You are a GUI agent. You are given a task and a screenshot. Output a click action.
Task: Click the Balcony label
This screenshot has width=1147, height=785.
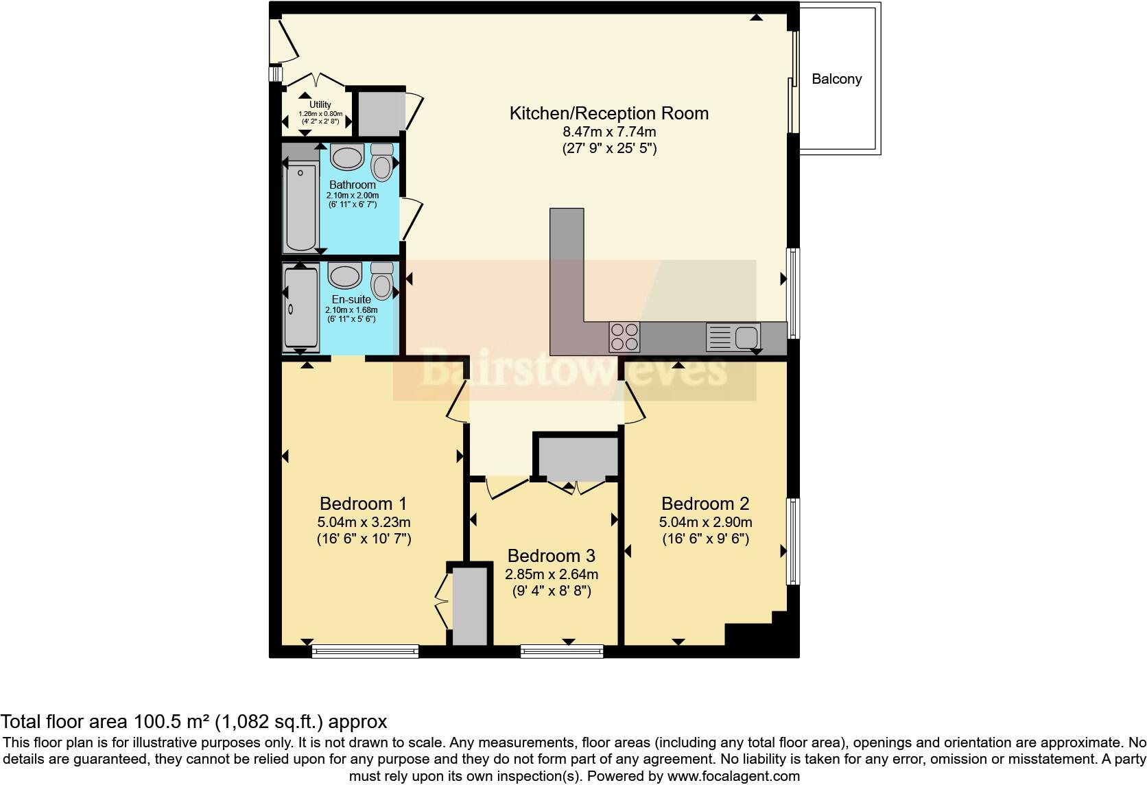click(x=836, y=79)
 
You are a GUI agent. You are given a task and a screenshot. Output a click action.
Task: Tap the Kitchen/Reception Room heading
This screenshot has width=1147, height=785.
click(x=608, y=113)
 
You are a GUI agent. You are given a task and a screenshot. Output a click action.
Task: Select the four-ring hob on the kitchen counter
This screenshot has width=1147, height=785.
click(x=624, y=337)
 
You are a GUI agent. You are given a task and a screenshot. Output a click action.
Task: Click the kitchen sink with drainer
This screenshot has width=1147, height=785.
click(x=733, y=337)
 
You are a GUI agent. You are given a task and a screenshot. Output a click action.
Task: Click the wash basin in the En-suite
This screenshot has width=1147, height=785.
click(x=344, y=277)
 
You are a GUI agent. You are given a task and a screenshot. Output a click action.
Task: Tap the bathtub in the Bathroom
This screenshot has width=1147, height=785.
click(x=300, y=207)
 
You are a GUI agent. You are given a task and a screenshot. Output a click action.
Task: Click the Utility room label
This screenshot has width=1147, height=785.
click(x=320, y=105)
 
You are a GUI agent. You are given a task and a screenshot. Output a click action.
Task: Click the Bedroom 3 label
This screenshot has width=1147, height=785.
click(x=551, y=555)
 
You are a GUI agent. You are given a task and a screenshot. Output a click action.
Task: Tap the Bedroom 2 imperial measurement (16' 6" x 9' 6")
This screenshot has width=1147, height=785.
click(x=705, y=539)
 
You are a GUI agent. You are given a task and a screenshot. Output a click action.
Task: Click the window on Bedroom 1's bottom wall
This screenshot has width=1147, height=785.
click(x=365, y=651)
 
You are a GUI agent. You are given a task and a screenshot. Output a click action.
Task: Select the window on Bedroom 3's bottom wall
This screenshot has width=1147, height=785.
click(x=562, y=651)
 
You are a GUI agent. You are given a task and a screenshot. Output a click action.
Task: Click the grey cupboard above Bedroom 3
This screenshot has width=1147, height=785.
click(x=578, y=457)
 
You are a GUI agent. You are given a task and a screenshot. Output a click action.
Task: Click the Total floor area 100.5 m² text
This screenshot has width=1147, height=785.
click(x=193, y=721)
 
